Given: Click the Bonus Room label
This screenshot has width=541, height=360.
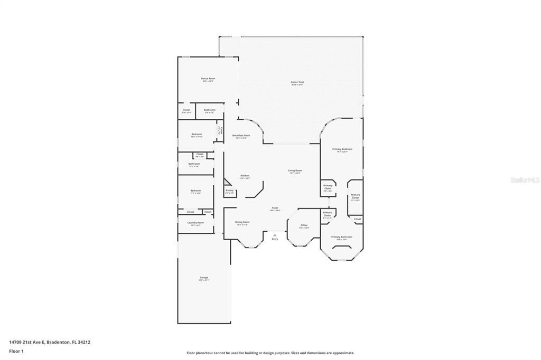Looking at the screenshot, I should (208, 79).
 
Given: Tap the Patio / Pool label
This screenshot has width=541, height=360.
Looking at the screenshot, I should (297, 82).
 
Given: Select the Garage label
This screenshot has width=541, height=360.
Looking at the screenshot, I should (204, 278).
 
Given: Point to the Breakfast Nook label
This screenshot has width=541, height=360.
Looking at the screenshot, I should (241, 136).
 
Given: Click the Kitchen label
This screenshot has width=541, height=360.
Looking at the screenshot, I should (245, 176).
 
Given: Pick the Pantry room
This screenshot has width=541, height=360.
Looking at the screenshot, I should (229, 191).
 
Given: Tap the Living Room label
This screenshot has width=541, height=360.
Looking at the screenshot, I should (295, 170).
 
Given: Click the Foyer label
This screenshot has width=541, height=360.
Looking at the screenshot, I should (275, 209).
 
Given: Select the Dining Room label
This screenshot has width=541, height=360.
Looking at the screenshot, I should (242, 222).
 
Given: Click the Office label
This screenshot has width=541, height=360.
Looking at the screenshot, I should (304, 225).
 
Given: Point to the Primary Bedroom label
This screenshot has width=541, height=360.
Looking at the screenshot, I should (342, 149).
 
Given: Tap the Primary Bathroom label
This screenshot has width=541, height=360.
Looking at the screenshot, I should (342, 237).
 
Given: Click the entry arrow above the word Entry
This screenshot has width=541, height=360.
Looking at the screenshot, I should (275, 235).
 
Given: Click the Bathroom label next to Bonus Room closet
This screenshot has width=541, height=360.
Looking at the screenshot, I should (210, 110).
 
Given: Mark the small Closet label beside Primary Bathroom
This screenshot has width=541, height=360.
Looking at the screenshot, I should (358, 219).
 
